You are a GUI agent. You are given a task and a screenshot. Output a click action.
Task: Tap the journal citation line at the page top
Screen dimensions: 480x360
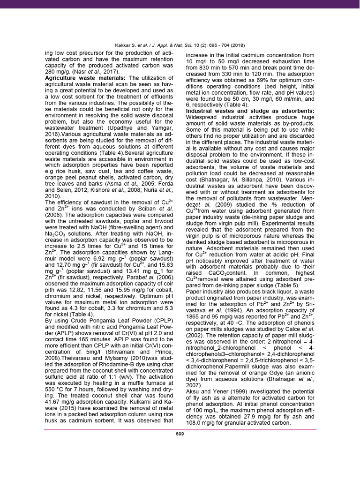pyautogui.click(x=180, y=45)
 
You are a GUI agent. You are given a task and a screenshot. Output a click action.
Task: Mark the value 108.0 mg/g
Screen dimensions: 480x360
pyautogui.click(x=201, y=423)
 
